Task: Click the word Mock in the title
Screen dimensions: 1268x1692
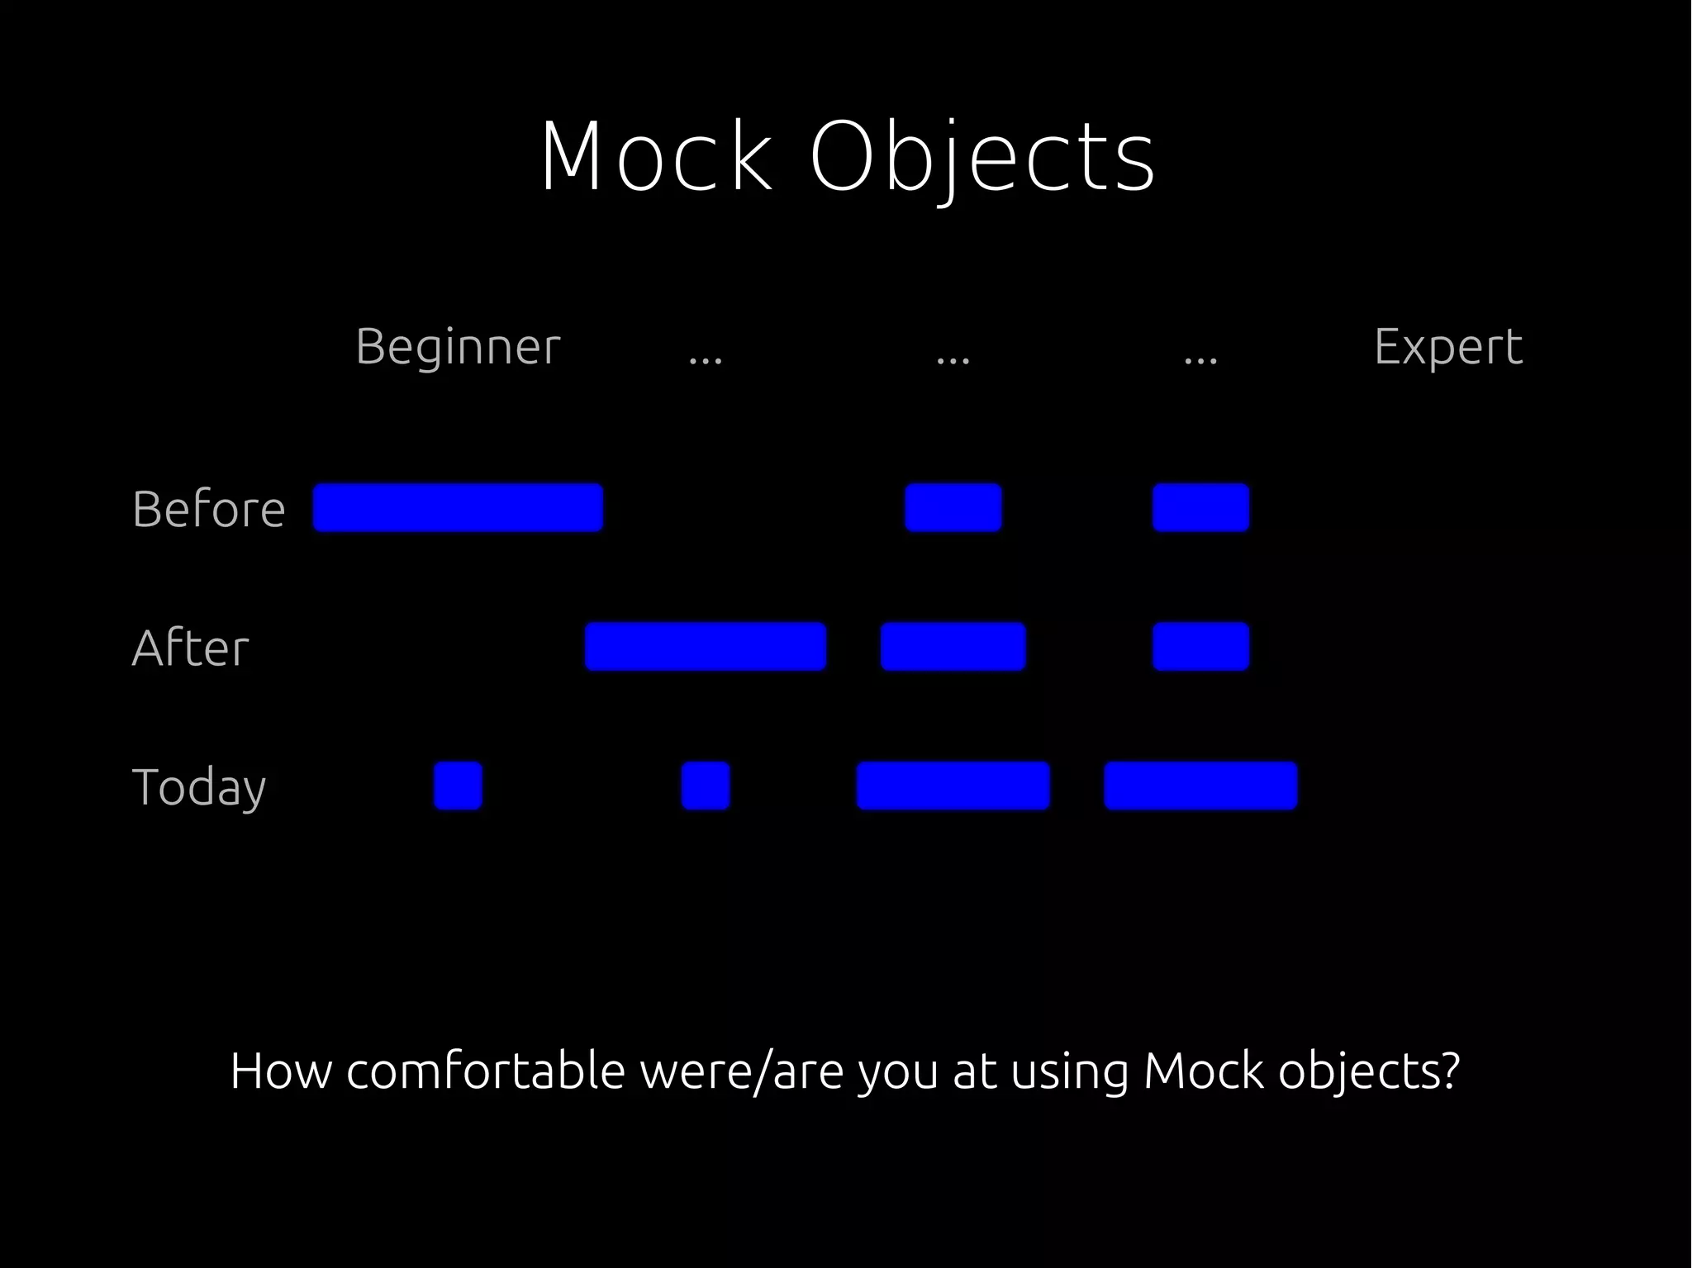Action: coord(657,157)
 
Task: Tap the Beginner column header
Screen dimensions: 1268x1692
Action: coord(458,347)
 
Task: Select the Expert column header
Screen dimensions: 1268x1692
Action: coord(1447,347)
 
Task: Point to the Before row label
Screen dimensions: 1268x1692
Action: coord(208,509)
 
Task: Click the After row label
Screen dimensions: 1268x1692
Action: coord(190,648)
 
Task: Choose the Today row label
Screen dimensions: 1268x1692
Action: coord(198,786)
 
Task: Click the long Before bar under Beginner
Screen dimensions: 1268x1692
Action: coord(458,507)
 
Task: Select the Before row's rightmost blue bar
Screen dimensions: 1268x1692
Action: coord(1200,507)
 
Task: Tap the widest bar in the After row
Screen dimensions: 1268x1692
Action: coord(705,646)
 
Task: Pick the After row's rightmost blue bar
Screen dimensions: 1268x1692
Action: coord(1200,646)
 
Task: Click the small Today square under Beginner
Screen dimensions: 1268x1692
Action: coord(458,786)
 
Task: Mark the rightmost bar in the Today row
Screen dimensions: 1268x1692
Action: coord(1200,786)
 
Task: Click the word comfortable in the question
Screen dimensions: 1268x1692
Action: coord(485,1071)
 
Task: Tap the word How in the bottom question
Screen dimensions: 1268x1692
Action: coord(279,1071)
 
